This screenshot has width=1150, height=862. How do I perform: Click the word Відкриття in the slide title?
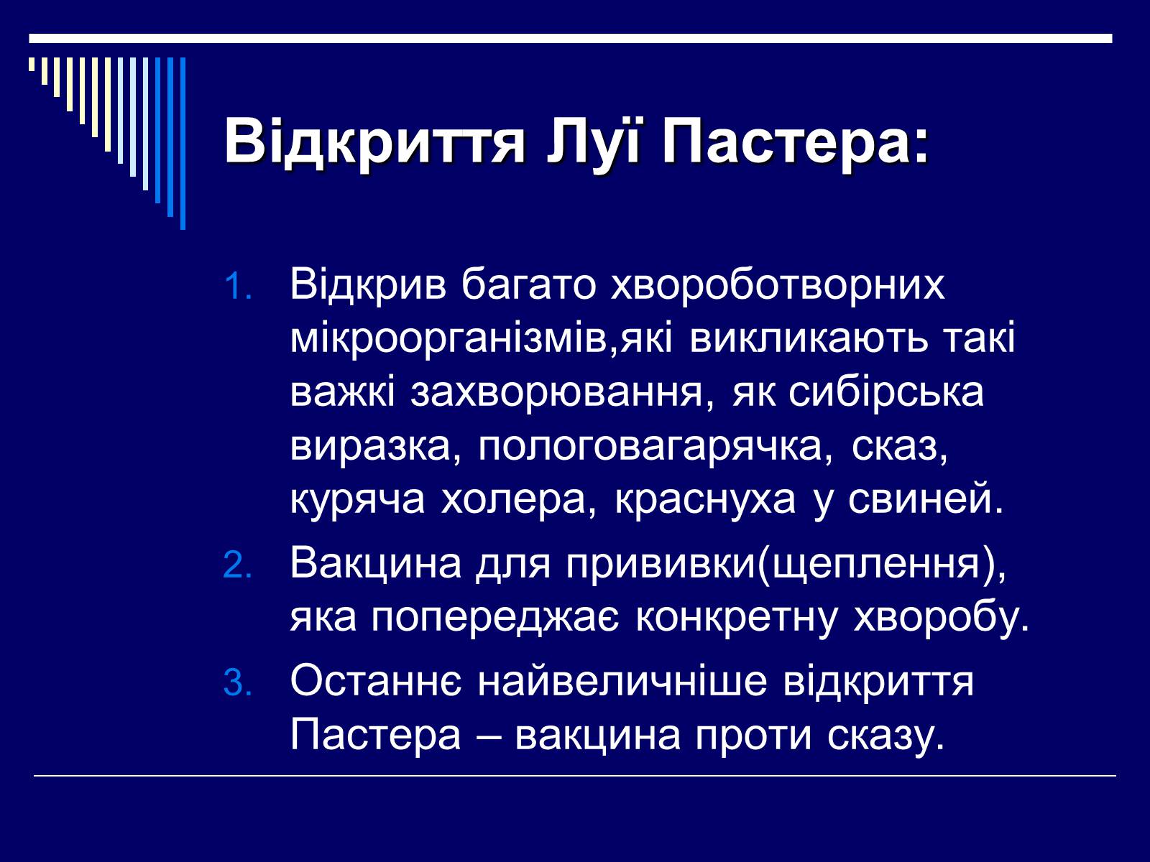pos(374,142)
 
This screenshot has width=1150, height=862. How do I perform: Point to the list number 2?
pos(238,566)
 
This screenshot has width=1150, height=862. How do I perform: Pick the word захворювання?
pos(557,392)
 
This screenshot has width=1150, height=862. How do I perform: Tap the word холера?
pos(512,500)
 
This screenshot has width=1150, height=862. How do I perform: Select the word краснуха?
pos(704,501)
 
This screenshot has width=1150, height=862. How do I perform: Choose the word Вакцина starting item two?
pos(376,564)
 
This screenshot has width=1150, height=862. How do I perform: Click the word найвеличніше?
pos(622,682)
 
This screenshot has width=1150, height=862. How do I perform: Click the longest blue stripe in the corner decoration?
pos(183,144)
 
